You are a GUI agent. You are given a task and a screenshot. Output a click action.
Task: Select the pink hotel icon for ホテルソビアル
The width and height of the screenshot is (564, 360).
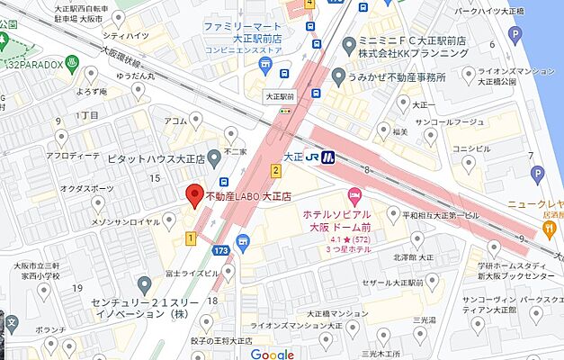coord(354,195)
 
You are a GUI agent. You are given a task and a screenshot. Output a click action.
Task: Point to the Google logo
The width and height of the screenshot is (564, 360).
coord(273,354)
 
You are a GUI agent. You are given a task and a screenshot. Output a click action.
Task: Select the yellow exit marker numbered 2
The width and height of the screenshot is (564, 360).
coord(276,170)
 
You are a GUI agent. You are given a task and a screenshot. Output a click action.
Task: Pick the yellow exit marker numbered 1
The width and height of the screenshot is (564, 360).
coord(191,238)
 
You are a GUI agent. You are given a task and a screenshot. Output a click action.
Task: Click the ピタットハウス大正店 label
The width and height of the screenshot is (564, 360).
coord(155,157)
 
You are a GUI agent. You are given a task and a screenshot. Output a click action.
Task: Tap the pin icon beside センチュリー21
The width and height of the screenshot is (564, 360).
coord(145,285)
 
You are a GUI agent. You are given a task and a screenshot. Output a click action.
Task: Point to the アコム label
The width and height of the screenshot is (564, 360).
coord(175,120)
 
